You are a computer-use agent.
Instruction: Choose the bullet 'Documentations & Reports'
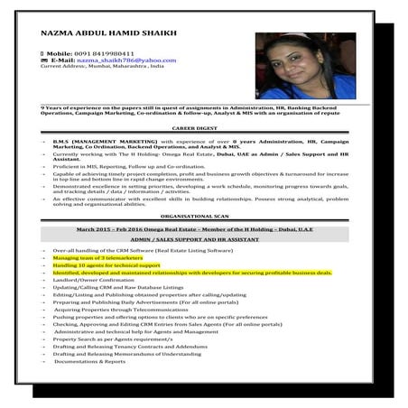(90, 361)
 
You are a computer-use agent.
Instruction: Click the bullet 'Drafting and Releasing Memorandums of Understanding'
(126, 354)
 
